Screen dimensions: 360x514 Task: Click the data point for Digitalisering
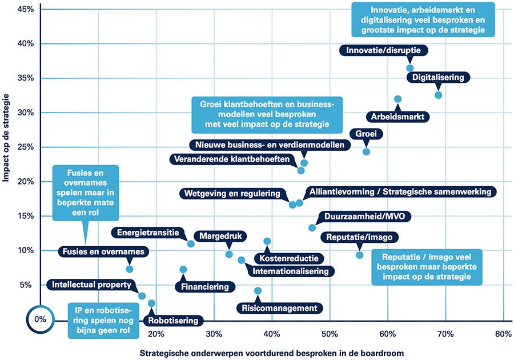click(438, 95)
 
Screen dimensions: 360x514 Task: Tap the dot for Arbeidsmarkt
click(398, 99)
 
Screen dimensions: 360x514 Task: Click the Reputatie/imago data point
click(359, 255)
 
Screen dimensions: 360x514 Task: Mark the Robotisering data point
click(151, 303)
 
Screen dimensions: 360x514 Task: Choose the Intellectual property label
click(92, 284)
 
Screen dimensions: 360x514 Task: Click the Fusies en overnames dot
click(130, 269)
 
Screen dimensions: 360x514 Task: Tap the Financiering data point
click(183, 270)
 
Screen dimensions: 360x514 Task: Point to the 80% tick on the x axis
click(503, 334)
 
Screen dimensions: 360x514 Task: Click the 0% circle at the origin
click(40, 319)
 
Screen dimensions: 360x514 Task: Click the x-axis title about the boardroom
click(272, 353)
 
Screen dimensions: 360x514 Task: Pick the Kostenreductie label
click(285, 258)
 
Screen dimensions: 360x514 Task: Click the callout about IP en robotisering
click(98, 319)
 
